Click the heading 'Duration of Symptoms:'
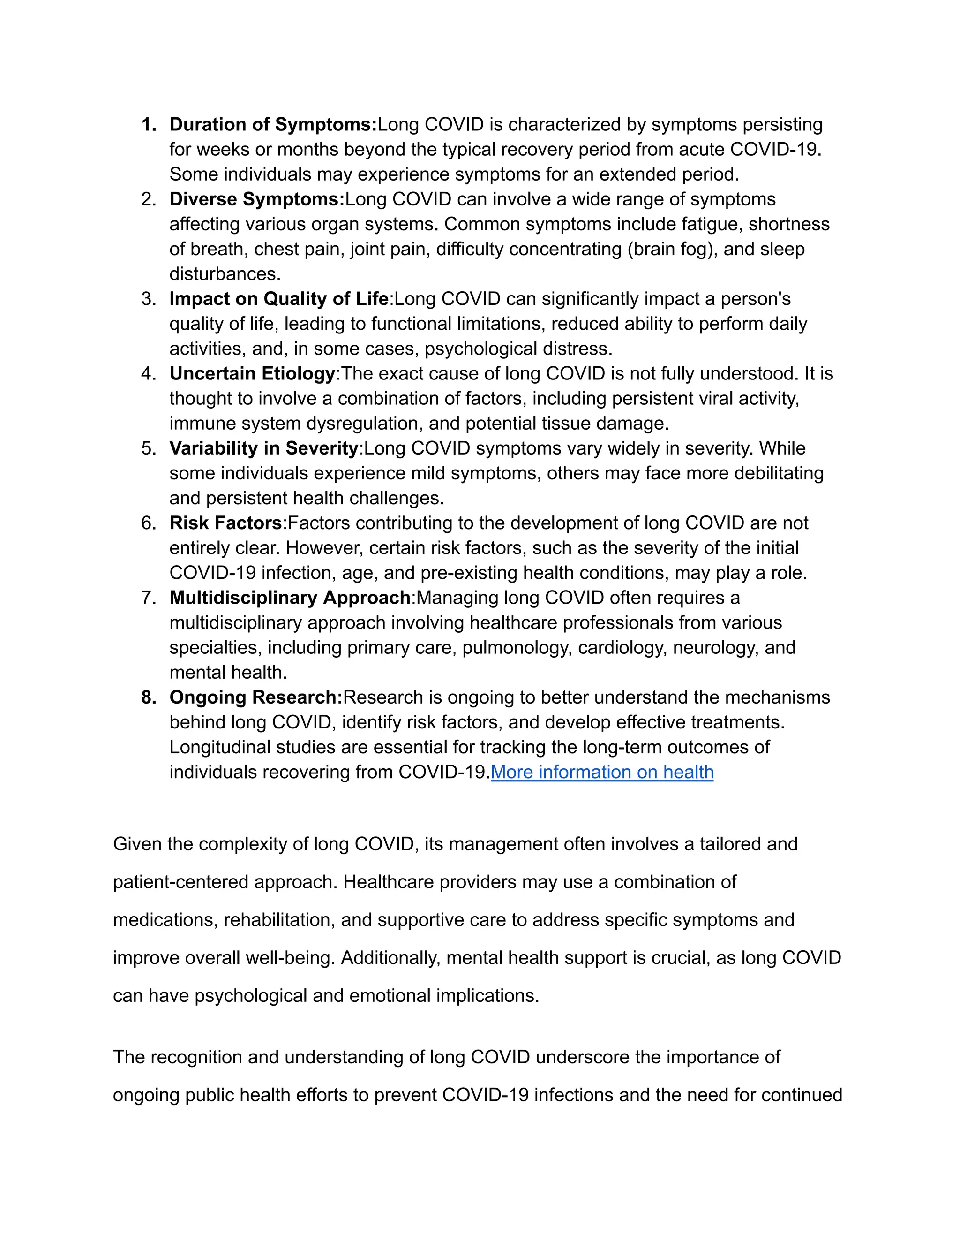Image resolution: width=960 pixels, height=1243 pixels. pyautogui.click(x=273, y=125)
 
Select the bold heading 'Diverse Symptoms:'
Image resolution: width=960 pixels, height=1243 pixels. pyautogui.click(x=257, y=200)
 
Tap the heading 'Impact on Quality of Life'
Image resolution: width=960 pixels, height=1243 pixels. pyautogui.click(x=279, y=299)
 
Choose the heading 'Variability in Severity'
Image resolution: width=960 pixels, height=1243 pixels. pyautogui.click(x=264, y=448)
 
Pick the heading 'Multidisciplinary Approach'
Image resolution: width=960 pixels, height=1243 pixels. pyautogui.click(x=290, y=598)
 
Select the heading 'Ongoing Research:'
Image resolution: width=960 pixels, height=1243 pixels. pyautogui.click(x=256, y=698)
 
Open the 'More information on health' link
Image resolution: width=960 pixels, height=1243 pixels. pyautogui.click(x=602, y=773)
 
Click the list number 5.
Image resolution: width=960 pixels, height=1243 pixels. pyautogui.click(x=149, y=448)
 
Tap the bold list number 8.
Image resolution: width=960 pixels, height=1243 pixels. pyautogui.click(x=149, y=698)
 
